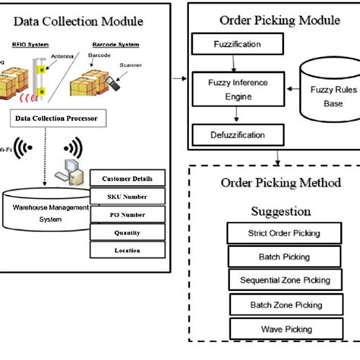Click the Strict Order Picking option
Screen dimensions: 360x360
(273, 233)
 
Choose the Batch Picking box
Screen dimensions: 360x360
(273, 257)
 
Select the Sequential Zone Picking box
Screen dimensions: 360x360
(274, 280)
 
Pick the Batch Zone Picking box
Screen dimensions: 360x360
(275, 305)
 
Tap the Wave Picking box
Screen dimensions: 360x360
(274, 329)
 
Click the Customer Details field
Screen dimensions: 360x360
(128, 179)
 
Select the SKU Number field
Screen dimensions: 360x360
(128, 197)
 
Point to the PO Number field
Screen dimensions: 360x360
(128, 215)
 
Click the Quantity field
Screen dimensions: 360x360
(128, 233)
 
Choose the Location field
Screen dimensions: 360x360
(128, 251)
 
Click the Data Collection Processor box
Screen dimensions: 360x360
(58, 119)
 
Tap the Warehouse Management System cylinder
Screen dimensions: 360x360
(46, 210)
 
